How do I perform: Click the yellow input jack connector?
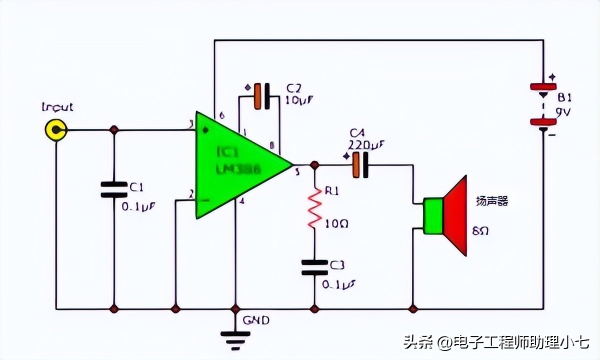tap(55, 130)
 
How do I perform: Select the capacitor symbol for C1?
tap(114, 189)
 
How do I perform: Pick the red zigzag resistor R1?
tap(314, 207)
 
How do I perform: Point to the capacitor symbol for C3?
tap(314, 267)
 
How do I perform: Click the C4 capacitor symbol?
tap(360, 165)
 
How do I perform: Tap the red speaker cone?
tap(456, 215)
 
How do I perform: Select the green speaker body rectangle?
tap(433, 216)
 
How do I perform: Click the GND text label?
tap(256, 320)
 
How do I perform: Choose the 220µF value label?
tap(367, 145)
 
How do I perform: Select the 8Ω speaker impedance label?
tap(480, 231)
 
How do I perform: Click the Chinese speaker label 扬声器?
tap(492, 201)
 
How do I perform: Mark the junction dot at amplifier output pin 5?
tap(314, 165)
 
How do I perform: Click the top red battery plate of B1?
tap(543, 87)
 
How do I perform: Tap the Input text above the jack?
tap(57, 107)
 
